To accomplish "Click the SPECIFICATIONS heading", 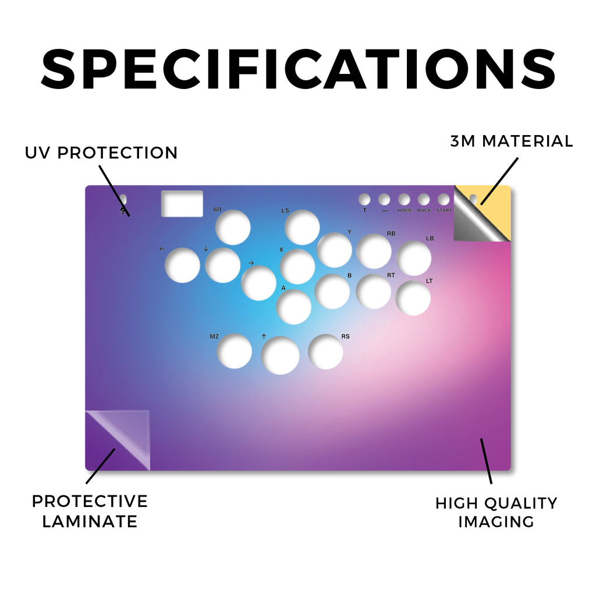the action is point(299,69).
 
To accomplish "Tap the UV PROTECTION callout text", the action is point(101,153).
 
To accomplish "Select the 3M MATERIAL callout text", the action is point(512,141).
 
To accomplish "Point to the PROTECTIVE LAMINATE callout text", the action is point(90,511).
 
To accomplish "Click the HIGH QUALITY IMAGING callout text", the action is point(496,512).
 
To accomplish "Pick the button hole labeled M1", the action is point(233,228).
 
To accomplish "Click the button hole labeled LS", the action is point(302,228).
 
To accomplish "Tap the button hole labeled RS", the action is point(326,352).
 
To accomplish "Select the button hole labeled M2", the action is point(234,351).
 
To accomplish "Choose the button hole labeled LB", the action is point(414,258).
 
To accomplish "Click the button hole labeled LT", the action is point(413,298).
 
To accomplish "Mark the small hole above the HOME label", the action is point(404,200).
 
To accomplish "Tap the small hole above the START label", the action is point(444,200).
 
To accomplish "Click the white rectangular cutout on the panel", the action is point(182,204).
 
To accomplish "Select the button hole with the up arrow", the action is point(280,356).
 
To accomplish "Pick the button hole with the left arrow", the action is point(182,265).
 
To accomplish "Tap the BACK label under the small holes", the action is point(424,210).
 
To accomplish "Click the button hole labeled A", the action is point(294,307).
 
